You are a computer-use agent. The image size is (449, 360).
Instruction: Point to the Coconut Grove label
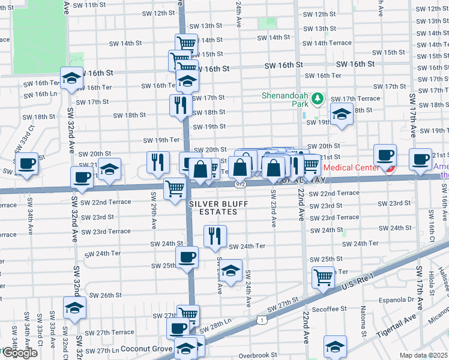146,348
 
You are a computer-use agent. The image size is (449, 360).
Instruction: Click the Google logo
19,353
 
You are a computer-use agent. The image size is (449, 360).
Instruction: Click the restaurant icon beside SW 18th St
181,104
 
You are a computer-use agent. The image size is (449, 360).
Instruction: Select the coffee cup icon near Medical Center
384,155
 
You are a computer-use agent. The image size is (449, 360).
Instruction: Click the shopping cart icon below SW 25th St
323,277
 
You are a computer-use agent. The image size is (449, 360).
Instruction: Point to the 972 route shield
240,184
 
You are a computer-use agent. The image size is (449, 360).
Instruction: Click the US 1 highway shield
262,320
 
